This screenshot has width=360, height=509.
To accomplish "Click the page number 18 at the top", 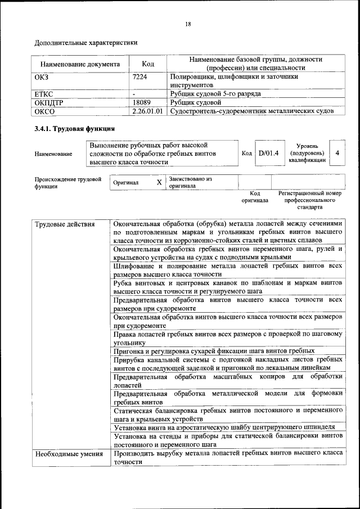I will click(x=188, y=24).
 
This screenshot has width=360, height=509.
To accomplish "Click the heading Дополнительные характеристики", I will click(x=86, y=42).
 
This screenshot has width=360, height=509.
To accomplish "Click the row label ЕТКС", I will click(x=44, y=94).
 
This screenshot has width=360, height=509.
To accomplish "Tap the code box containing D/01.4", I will click(x=268, y=153).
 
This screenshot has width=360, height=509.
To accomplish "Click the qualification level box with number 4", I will click(x=337, y=153).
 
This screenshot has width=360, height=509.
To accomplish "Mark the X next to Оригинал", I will click(x=159, y=183).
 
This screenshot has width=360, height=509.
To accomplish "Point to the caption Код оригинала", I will click(x=255, y=196).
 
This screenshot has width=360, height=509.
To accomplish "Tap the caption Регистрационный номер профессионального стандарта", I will click(x=309, y=200).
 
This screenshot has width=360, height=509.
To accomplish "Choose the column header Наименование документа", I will click(x=80, y=64).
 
